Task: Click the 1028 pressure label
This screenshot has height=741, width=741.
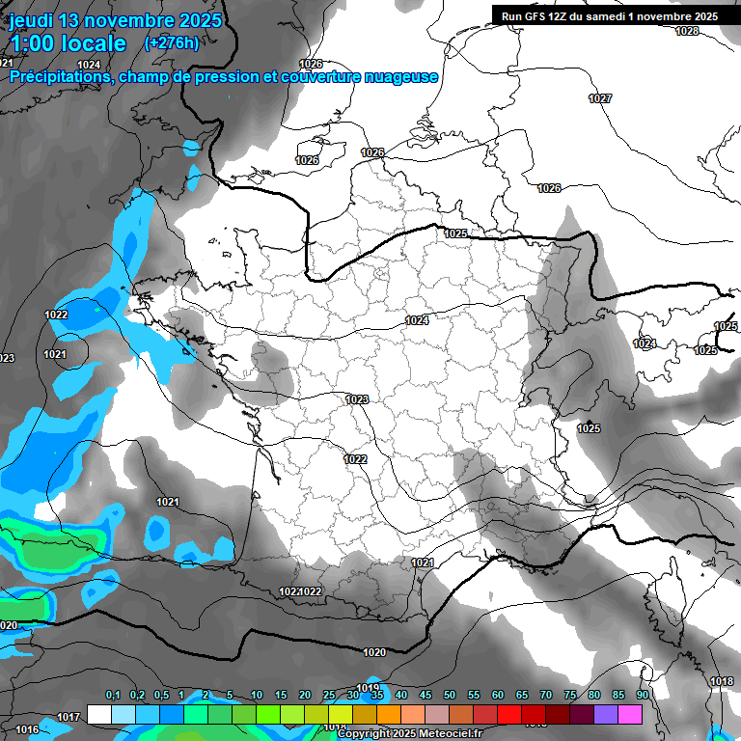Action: [687, 31]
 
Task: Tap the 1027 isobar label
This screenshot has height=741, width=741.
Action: [600, 98]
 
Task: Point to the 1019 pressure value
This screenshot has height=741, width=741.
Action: [368, 688]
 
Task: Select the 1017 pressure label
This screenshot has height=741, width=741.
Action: [68, 717]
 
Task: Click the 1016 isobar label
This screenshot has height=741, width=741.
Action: [27, 729]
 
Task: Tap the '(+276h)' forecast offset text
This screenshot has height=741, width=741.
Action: [171, 43]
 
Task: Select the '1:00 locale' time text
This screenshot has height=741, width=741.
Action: [68, 43]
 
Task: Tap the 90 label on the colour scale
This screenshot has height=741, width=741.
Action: [642, 695]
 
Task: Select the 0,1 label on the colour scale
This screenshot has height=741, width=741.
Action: [112, 695]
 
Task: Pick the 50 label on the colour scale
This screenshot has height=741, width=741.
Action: [450, 695]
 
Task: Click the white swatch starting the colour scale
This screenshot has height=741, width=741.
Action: [98, 714]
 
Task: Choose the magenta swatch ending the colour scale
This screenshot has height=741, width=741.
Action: [630, 714]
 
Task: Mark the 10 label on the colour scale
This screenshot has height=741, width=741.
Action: [257, 695]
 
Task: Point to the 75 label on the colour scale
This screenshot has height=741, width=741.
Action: [570, 695]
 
